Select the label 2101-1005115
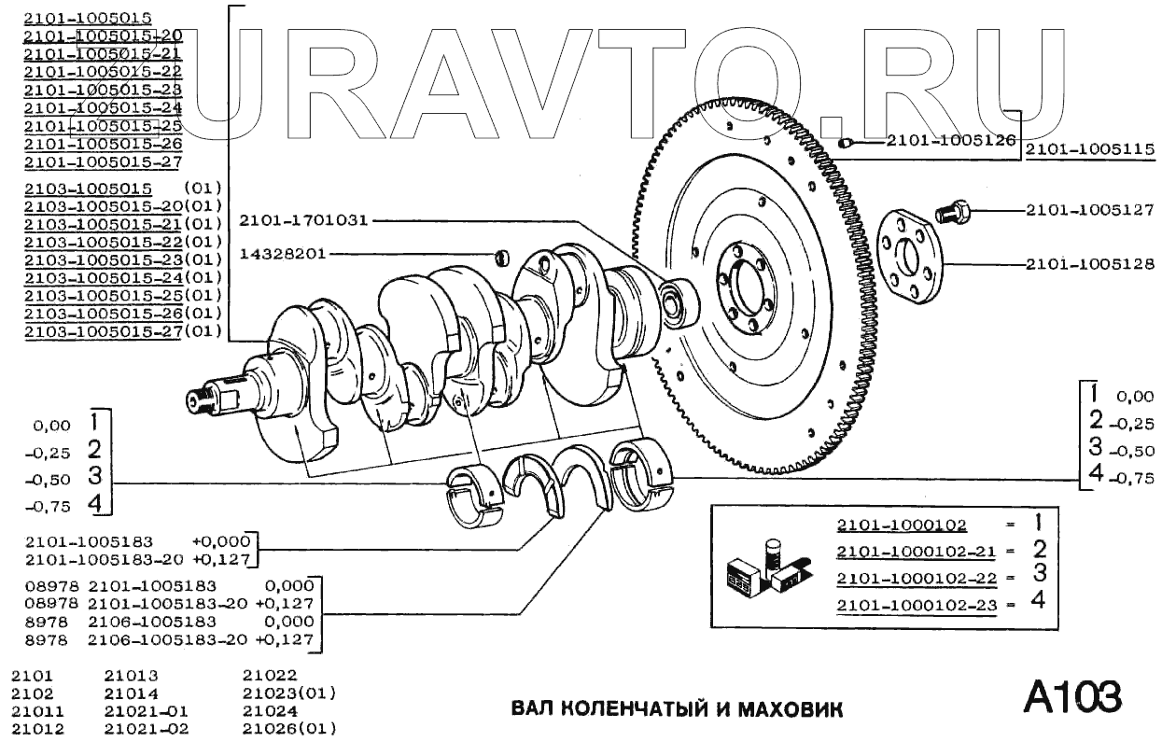(x=1090, y=149)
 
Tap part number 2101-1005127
(x=1090, y=210)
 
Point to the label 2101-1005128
(x=1090, y=264)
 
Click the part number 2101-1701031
(x=303, y=221)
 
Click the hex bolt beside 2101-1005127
(x=952, y=212)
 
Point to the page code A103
(x=1071, y=696)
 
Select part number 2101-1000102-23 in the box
(x=917, y=605)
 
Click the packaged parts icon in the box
(x=763, y=568)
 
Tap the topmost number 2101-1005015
(x=88, y=18)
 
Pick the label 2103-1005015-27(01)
(x=122, y=330)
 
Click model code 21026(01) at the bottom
(x=288, y=728)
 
